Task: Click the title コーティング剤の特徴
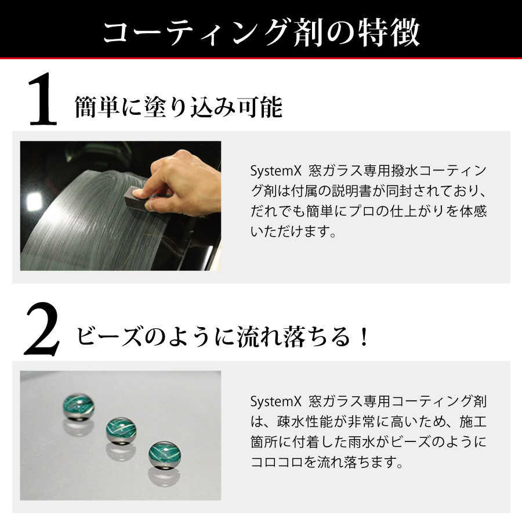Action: tap(262, 32)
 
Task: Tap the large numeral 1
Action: tap(42, 100)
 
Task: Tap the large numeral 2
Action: tap(42, 329)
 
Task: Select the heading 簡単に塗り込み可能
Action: tap(179, 107)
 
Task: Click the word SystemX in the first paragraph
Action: tap(275, 171)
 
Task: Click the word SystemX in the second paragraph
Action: tap(275, 402)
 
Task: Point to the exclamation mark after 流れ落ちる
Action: tap(365, 336)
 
